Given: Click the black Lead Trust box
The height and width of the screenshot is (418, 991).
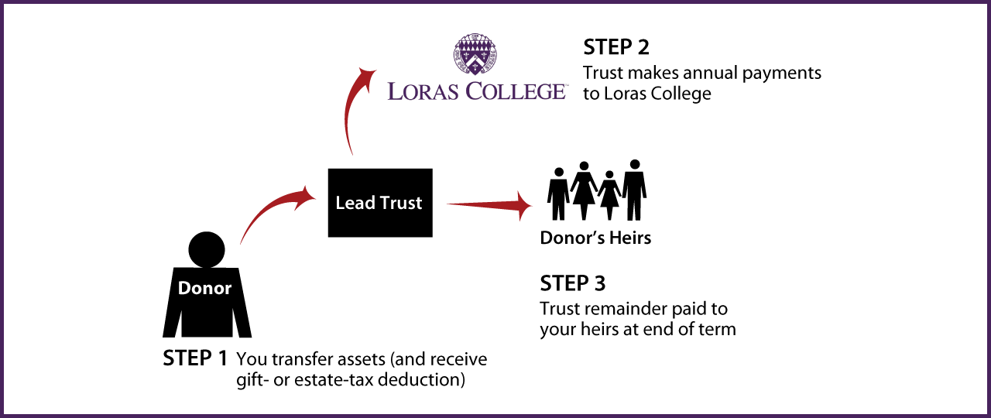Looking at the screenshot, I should (380, 203).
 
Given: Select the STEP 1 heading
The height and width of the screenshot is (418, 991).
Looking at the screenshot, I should (195, 359).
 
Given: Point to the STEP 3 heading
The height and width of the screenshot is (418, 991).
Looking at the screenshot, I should (573, 283).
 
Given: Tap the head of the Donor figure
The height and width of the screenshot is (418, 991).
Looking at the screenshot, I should (207, 249).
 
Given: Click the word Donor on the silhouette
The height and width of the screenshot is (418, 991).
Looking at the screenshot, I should (205, 288).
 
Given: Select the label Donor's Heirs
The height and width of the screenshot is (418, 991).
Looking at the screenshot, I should (595, 238).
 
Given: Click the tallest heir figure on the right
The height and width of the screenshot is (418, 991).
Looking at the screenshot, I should (635, 190).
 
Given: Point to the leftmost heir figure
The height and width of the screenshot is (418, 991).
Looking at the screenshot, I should (558, 194).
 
